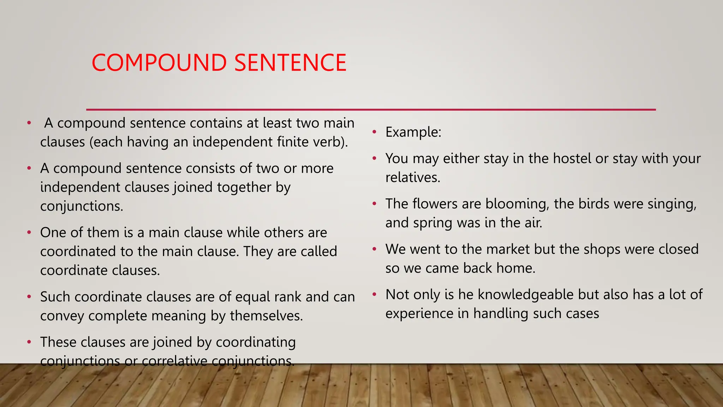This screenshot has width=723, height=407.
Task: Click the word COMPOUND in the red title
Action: pyautogui.click(x=159, y=63)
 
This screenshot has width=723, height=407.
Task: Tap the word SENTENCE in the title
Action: pyautogui.click(x=290, y=63)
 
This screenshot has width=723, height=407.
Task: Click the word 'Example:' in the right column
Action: pyautogui.click(x=413, y=132)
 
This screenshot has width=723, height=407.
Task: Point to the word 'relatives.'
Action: pyautogui.click(x=413, y=177)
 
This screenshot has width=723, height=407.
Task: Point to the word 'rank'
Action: pyautogui.click(x=288, y=297)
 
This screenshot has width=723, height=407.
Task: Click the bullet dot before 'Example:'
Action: pyautogui.click(x=375, y=132)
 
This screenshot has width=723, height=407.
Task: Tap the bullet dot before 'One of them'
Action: pyautogui.click(x=29, y=232)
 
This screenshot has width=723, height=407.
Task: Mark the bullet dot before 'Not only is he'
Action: pyautogui.click(x=375, y=294)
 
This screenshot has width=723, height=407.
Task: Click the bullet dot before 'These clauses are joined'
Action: pyautogui.click(x=29, y=342)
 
